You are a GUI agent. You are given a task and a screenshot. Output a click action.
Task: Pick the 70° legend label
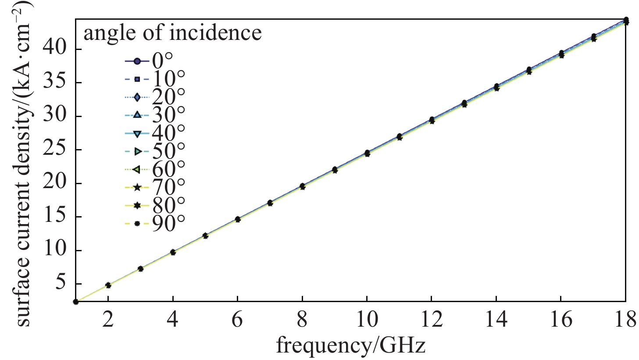pos(168,187)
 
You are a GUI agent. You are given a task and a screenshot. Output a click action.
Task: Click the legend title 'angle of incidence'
pos(172,33)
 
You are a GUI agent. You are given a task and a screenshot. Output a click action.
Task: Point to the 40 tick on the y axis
pos(56,49)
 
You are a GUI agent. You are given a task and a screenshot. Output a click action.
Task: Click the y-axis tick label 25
pos(56,150)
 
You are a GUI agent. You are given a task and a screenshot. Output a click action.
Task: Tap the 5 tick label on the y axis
pos(61,283)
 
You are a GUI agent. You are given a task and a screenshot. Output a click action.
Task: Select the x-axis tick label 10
pos(367,320)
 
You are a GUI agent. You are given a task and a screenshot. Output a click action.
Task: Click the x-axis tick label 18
pos(625,320)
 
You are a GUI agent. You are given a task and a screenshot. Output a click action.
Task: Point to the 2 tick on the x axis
pos(108,320)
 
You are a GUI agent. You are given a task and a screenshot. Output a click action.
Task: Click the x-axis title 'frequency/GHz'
pos(350,346)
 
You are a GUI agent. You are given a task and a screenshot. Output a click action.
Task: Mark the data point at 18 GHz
pos(626,21)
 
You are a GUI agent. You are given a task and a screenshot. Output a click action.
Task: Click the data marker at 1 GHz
pos(76,301)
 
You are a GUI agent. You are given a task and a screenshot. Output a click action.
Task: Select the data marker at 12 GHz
pos(432,120)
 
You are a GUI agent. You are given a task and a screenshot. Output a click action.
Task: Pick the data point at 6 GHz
pos(237,219)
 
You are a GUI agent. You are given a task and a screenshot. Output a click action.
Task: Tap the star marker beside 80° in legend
pos(137,205)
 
